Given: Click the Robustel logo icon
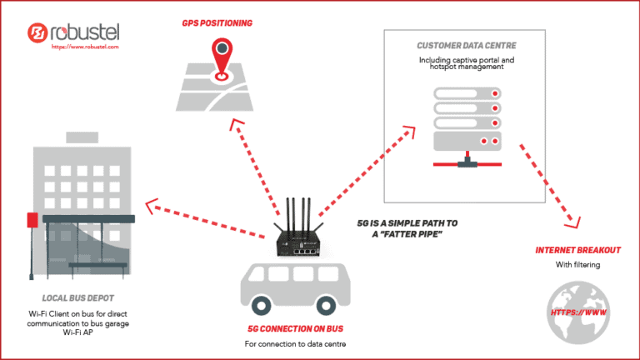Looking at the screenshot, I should pos(37,33).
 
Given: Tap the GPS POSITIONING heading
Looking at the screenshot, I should pos(219,23).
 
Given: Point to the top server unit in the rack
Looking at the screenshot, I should pos(467,92).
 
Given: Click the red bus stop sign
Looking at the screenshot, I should pos(32,221).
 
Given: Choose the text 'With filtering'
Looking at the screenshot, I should pos(577,266).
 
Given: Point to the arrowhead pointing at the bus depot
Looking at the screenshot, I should pos(149,202).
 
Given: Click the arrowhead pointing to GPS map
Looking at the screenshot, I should pos(235,125).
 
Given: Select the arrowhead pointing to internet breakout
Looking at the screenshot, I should pos(572,221).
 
